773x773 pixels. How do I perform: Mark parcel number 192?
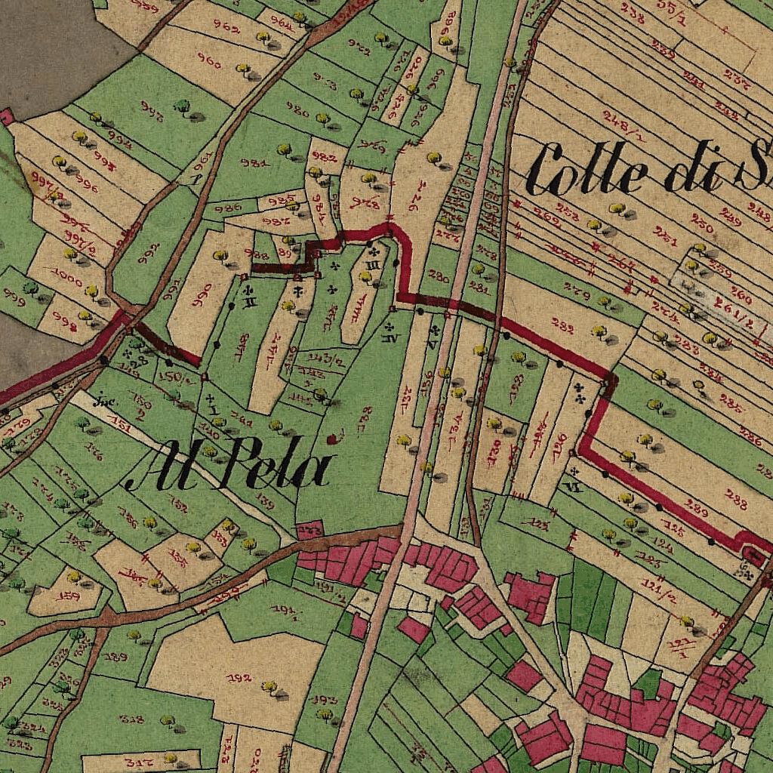239,677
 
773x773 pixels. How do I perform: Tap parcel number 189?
115,657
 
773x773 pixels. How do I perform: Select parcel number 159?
69,596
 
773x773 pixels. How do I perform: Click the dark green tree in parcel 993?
182,105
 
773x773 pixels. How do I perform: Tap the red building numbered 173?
310,531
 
